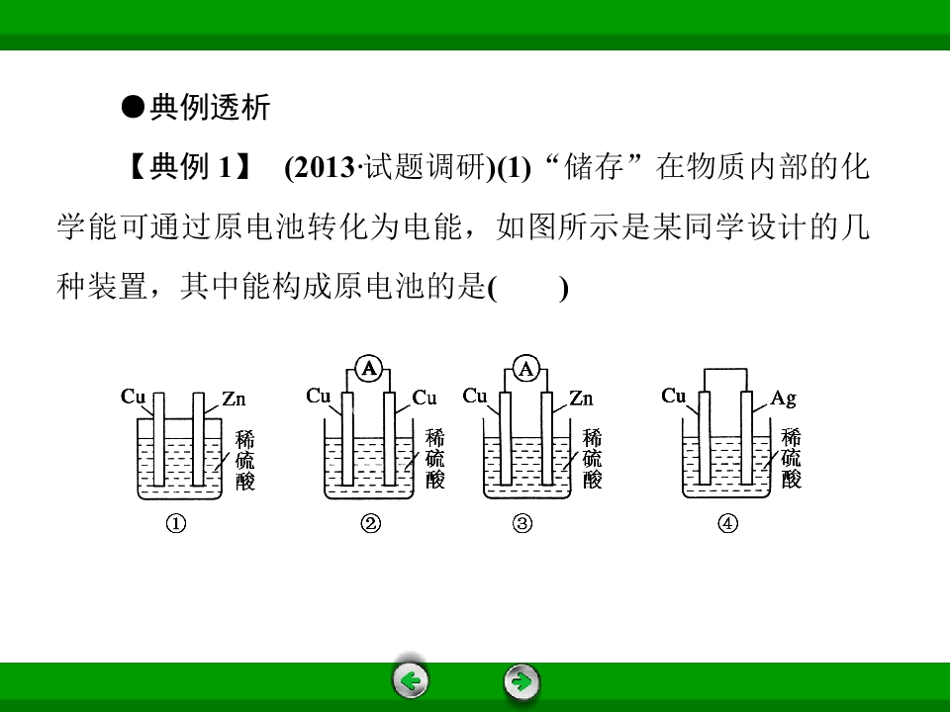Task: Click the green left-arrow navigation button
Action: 411,681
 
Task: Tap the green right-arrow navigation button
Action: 522,681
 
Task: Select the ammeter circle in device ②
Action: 368,369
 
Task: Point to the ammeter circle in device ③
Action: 525,369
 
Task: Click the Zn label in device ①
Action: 234,399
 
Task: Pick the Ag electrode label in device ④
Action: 783,399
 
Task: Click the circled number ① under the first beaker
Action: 176,523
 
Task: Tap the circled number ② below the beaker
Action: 371,523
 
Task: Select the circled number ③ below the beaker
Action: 522,523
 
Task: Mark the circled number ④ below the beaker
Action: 727,523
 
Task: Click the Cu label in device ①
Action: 133,397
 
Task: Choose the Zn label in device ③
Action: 581,399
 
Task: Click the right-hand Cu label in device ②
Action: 425,398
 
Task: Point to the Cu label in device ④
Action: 673,396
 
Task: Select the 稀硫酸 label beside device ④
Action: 791,458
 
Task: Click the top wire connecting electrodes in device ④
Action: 725,369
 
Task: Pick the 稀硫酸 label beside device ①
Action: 244,460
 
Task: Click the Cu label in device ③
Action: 474,396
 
